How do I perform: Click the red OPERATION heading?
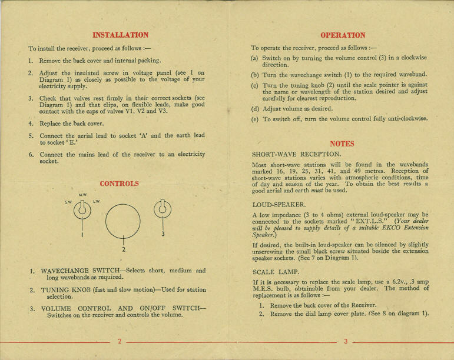(342, 35)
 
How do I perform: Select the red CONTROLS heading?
(119, 184)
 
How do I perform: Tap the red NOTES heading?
(342, 144)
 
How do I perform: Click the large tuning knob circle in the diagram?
(122, 220)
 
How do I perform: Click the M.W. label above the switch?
(82, 195)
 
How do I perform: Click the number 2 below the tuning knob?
(123, 249)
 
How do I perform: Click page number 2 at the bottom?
(120, 341)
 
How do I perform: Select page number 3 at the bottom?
(345, 341)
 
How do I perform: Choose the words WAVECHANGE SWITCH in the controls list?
(77, 271)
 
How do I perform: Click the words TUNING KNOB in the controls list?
(64, 291)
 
